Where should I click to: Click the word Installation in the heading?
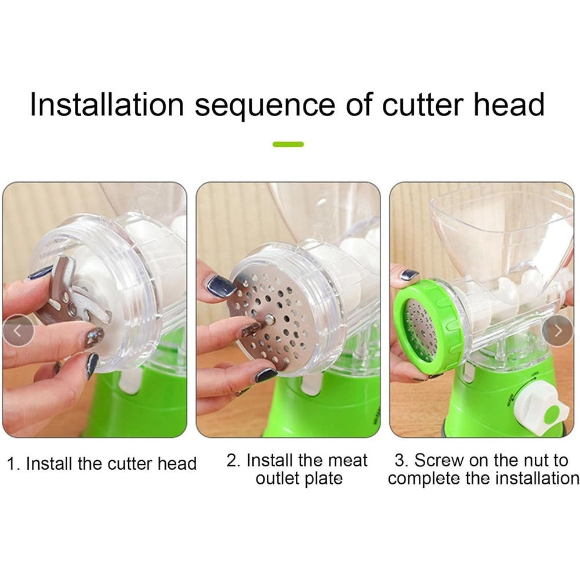[107, 104]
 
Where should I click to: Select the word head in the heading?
[509, 104]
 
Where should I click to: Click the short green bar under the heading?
[288, 144]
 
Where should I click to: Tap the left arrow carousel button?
[17, 331]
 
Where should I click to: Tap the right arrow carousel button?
[557, 331]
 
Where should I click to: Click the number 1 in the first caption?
[12, 464]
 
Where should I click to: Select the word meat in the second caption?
[347, 461]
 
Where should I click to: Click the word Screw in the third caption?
[438, 461]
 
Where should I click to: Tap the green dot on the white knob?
[552, 414]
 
